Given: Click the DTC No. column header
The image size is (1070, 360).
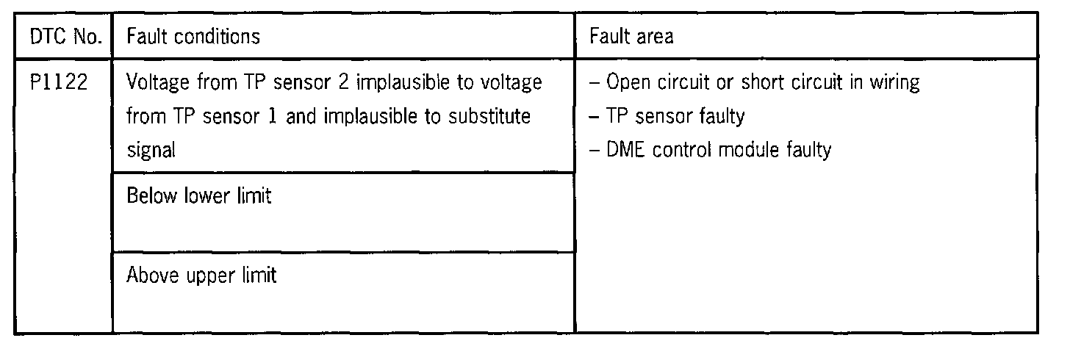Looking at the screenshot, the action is pyautogui.click(x=64, y=36).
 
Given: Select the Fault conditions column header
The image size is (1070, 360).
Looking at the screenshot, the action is pyautogui.click(x=193, y=36).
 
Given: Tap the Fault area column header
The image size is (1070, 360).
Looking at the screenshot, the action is pyautogui.click(x=632, y=36).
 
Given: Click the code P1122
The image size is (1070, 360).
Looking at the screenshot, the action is pyautogui.click(x=59, y=82).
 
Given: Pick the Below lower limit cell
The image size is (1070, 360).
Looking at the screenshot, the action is pyautogui.click(x=199, y=197).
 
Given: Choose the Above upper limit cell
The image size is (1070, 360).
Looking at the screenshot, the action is pyautogui.click(x=202, y=276).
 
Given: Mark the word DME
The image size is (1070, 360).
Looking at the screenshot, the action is pyautogui.click(x=625, y=151).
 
